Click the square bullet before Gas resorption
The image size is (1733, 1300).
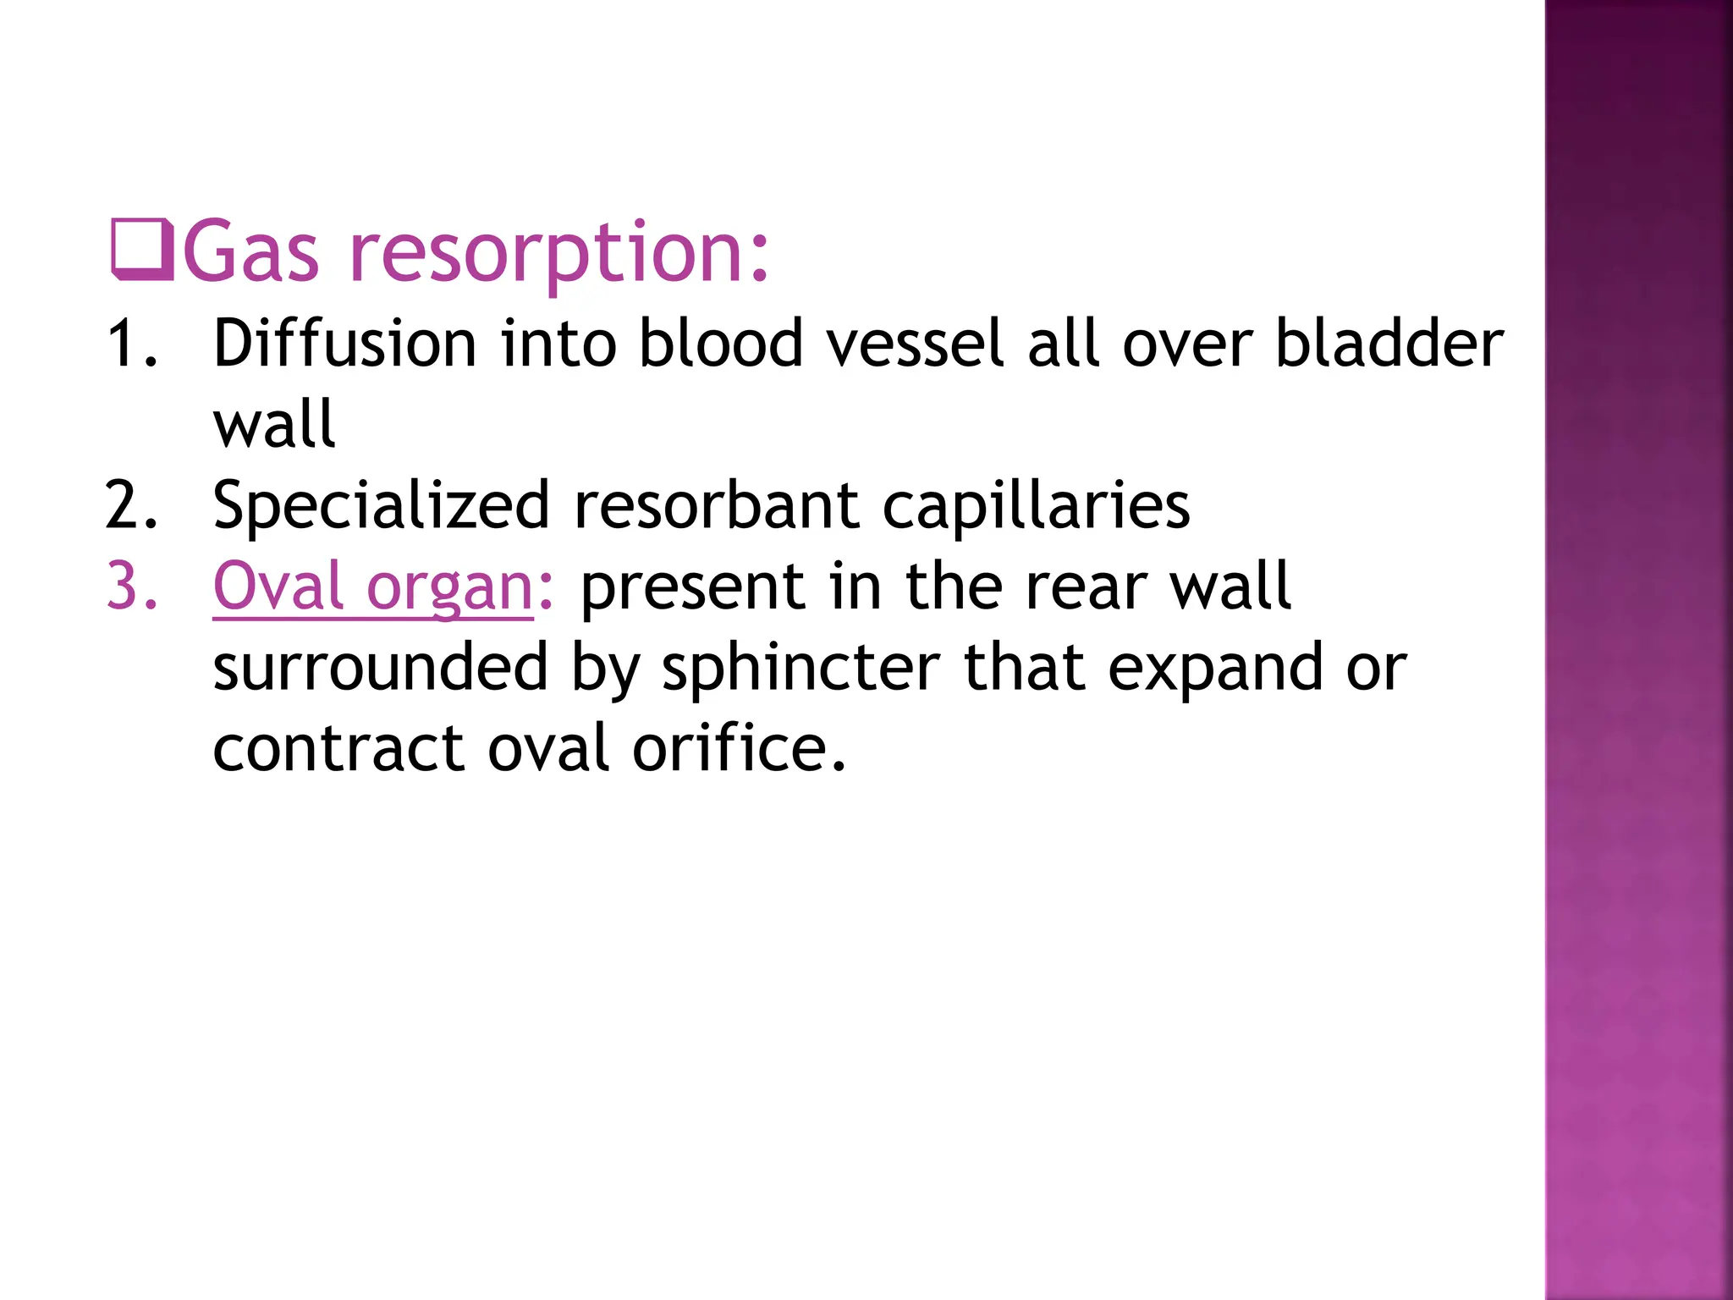click(142, 251)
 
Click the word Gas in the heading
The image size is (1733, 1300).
click(251, 252)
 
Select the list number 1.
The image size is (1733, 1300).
click(132, 344)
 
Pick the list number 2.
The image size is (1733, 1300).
click(132, 505)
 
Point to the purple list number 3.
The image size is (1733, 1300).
click(132, 586)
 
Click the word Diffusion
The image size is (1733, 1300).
click(345, 344)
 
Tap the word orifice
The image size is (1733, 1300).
click(739, 748)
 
